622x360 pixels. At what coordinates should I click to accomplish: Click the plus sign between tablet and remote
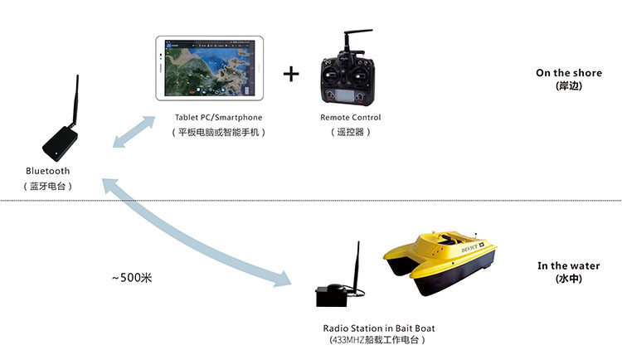click(291, 74)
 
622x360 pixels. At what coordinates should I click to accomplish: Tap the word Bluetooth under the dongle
click(47, 171)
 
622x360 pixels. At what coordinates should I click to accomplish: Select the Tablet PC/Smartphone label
click(219, 118)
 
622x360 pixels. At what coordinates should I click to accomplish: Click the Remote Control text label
click(351, 118)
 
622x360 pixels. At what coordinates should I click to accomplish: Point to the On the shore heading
click(569, 73)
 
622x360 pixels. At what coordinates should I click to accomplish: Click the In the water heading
click(568, 266)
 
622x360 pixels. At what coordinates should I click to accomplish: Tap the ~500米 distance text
click(132, 277)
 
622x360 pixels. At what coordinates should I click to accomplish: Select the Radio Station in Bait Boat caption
click(379, 328)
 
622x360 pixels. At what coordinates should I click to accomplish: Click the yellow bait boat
click(440, 262)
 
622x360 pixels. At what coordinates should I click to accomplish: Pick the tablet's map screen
click(209, 68)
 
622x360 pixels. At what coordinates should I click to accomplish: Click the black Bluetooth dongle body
click(60, 144)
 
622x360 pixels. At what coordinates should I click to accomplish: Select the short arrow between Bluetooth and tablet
click(134, 132)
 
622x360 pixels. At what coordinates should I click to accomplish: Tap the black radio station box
click(332, 295)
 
